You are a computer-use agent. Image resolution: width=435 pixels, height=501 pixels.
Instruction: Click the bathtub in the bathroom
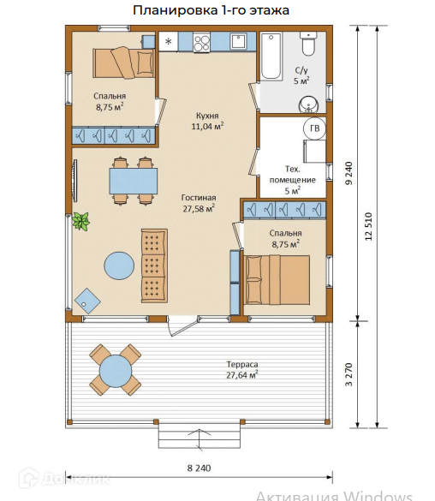271,57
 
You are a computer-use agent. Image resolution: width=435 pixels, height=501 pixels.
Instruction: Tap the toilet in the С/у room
309,44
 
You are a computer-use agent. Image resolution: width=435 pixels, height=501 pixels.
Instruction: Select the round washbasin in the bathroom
308,104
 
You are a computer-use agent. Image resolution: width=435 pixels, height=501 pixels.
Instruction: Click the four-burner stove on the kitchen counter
201,43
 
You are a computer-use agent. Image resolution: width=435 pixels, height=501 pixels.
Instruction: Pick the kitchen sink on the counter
238,42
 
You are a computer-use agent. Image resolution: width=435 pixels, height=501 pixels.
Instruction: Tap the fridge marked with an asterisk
169,42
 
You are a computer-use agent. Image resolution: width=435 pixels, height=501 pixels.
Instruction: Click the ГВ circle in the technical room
314,128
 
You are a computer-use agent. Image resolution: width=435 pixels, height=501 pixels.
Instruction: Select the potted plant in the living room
80,221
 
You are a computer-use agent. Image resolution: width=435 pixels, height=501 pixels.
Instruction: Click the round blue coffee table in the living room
119,265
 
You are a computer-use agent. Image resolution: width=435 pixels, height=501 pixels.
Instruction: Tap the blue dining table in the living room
134,182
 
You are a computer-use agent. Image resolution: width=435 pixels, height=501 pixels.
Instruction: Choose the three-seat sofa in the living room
154,265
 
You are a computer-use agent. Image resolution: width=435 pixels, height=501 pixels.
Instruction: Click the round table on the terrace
116,371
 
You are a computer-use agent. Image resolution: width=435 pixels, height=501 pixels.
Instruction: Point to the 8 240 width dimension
199,468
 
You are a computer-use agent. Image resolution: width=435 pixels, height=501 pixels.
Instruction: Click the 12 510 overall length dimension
368,226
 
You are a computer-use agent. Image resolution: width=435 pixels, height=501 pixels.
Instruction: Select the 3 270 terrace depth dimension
349,374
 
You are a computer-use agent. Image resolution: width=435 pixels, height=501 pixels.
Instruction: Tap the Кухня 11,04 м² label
207,121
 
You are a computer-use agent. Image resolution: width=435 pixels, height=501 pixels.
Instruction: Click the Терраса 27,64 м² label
242,370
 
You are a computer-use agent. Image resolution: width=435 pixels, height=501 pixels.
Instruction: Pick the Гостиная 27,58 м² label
199,203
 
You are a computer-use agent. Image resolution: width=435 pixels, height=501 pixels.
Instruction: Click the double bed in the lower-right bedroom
277,279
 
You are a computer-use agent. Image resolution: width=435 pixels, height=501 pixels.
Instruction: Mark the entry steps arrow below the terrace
200,439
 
